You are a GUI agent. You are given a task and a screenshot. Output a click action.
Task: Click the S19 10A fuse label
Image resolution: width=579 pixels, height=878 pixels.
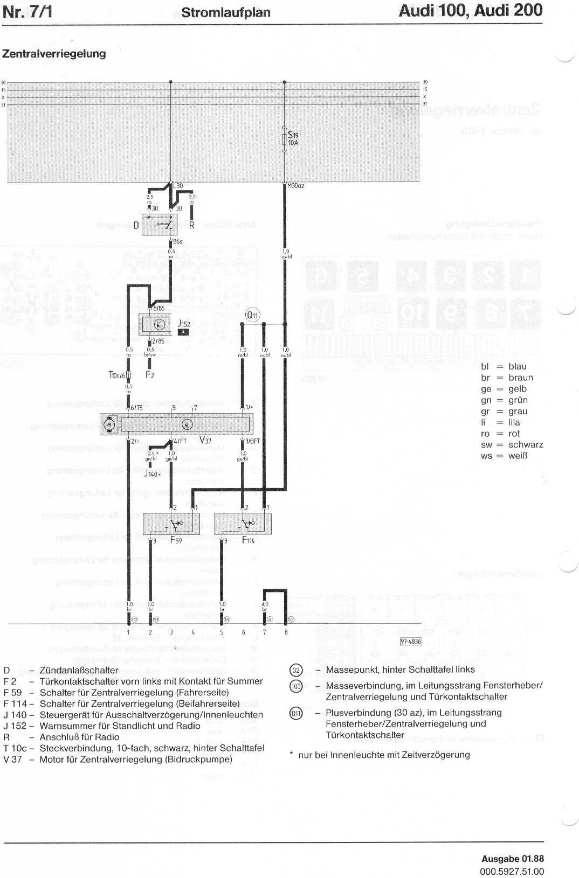click(x=293, y=139)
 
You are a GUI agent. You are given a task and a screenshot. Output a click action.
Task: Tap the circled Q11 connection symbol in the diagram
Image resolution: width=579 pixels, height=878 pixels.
click(x=252, y=315)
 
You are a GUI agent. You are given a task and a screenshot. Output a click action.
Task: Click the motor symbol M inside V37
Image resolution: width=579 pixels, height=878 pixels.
click(x=110, y=424)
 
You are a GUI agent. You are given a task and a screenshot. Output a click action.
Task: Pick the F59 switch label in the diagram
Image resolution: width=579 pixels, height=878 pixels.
click(x=176, y=540)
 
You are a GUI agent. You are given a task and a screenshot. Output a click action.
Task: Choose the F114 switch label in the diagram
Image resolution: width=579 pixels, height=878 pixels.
click(x=248, y=540)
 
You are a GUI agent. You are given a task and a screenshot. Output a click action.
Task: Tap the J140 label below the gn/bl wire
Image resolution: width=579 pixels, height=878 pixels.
click(x=153, y=473)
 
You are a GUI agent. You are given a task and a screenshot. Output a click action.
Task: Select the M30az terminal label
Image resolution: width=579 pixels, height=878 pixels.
click(x=295, y=186)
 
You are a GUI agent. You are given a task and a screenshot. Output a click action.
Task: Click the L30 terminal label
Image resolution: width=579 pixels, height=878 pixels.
click(x=178, y=186)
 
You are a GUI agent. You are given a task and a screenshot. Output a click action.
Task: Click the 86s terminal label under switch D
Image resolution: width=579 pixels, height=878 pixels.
click(x=177, y=242)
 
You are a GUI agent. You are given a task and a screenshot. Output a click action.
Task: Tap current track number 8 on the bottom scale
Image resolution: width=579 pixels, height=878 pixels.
click(x=286, y=632)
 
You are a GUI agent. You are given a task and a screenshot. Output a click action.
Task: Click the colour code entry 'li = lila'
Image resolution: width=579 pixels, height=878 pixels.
click(x=500, y=422)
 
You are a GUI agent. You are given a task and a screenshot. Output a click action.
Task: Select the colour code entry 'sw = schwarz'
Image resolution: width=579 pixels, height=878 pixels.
click(x=512, y=445)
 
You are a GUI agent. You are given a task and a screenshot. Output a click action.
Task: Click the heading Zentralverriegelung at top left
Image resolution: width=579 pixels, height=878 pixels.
click(x=54, y=54)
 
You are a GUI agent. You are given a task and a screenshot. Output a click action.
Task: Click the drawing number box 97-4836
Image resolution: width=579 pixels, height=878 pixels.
click(x=410, y=642)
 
